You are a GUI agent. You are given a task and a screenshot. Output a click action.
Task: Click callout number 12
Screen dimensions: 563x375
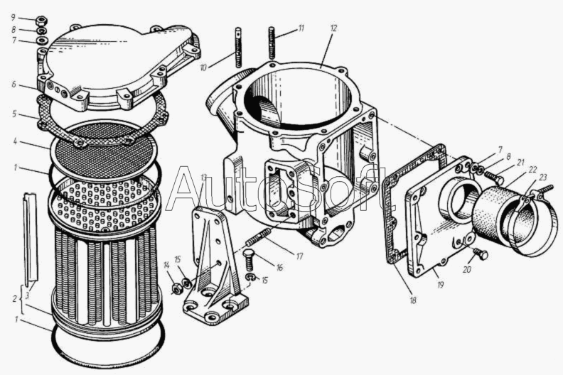pyautogui.click(x=333, y=28)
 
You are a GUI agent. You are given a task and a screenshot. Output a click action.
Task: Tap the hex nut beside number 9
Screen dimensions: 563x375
pyautogui.click(x=42, y=20)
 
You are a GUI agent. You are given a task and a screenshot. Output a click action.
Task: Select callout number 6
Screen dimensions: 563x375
pyautogui.click(x=14, y=85)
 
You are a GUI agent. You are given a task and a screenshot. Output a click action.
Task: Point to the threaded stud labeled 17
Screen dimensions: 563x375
pyautogui.click(x=258, y=237)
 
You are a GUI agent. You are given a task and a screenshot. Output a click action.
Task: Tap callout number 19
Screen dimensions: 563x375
pyautogui.click(x=440, y=285)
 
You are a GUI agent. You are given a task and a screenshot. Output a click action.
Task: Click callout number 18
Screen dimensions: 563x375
pyautogui.click(x=413, y=300)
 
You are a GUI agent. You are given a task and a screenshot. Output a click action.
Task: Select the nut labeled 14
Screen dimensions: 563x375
pyautogui.click(x=176, y=288)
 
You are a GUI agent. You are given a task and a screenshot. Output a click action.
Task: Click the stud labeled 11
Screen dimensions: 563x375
pyautogui.click(x=272, y=43)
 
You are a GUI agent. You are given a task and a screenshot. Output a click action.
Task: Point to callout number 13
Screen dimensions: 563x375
pyautogui.click(x=204, y=178)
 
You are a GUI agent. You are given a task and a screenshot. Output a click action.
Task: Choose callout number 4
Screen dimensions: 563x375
pyautogui.click(x=15, y=141)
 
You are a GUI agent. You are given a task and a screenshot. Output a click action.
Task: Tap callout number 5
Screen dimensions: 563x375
pyautogui.click(x=14, y=114)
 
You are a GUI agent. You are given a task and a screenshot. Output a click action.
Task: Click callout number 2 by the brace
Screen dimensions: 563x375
pyautogui.click(x=14, y=298)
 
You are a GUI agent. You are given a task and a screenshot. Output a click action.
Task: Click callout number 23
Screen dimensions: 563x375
pyautogui.click(x=542, y=177)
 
